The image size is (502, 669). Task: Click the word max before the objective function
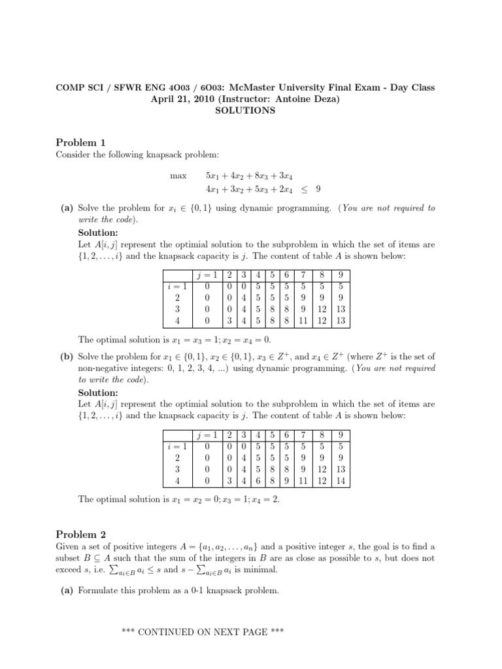pos(178,176)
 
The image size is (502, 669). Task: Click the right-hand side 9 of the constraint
pos(318,189)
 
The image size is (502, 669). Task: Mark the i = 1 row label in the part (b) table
pos(175,446)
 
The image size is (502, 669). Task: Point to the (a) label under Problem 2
pos(66,591)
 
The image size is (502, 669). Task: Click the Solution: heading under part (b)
pos(98,393)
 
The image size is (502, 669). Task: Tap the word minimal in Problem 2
pos(261,570)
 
